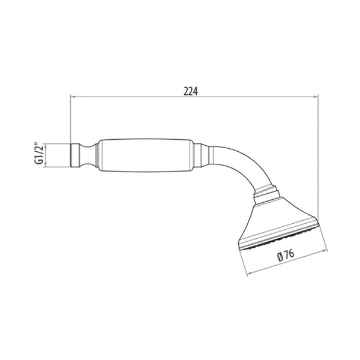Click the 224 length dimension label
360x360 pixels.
click(190, 91)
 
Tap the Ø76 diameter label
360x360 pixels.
click(286, 256)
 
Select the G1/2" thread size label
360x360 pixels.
click(39, 154)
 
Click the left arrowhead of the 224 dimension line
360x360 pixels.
click(73, 97)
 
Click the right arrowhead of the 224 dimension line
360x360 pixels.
click(316, 97)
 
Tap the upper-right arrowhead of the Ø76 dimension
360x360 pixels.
click(325, 252)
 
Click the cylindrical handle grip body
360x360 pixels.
click(145, 155)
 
